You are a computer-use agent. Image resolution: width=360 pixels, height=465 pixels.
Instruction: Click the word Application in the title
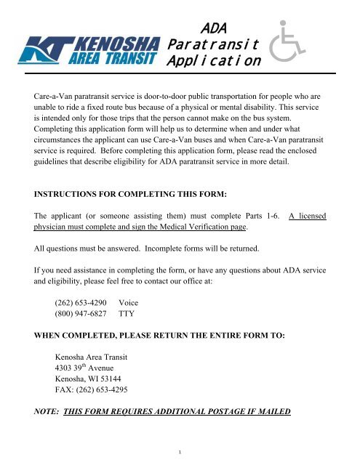pos(211,62)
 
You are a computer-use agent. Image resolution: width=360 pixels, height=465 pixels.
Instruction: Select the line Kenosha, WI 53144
pos(91,398)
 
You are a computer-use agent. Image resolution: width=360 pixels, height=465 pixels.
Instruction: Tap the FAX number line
pos(99,411)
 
